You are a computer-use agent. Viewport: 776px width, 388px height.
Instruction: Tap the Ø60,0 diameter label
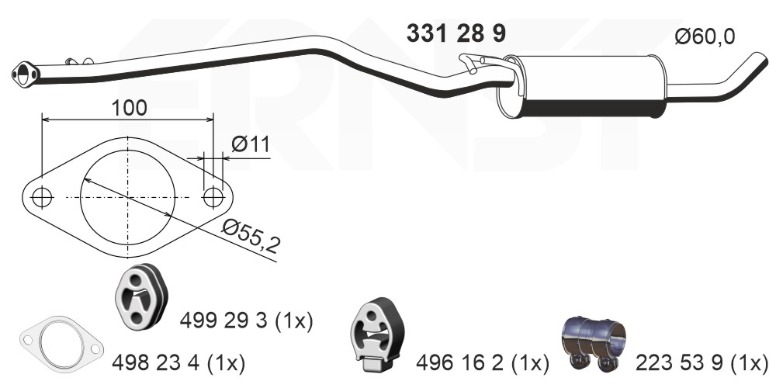[x=704, y=36]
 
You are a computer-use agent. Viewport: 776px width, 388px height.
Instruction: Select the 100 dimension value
[x=128, y=107]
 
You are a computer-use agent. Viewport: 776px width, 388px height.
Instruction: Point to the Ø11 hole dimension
[x=250, y=144]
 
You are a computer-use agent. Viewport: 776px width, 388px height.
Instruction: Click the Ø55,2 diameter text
[x=250, y=235]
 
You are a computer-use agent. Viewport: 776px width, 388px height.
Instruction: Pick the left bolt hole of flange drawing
[x=43, y=197]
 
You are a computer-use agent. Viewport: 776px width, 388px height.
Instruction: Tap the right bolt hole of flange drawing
[x=213, y=197]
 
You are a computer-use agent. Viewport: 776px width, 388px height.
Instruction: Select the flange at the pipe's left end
[x=25, y=74]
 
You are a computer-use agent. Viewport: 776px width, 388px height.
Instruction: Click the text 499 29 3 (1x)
[x=246, y=320]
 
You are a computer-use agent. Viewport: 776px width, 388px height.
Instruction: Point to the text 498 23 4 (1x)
[x=178, y=362]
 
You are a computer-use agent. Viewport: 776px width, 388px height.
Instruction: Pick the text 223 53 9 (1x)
[x=702, y=362]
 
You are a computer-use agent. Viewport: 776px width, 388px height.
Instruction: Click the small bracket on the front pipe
[x=76, y=61]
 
